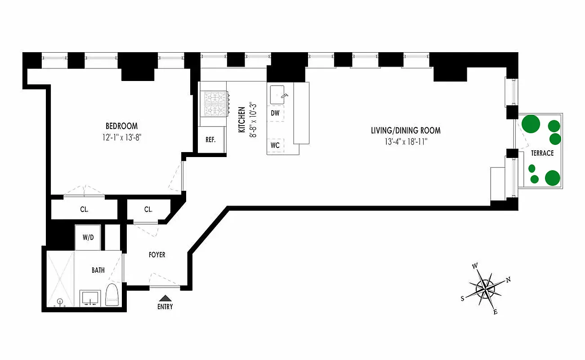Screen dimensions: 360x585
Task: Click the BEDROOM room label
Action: [x=121, y=126]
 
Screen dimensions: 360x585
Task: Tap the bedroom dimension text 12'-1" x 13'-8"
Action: [x=121, y=136]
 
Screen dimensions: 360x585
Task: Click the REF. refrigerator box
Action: [x=210, y=139]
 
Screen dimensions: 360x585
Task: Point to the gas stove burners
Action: [x=215, y=103]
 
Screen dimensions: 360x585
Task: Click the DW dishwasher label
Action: [x=275, y=113]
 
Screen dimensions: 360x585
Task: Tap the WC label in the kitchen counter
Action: [x=275, y=145]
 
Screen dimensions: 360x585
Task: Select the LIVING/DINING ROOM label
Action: [x=406, y=131]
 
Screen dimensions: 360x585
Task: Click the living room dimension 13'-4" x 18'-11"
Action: [x=406, y=142]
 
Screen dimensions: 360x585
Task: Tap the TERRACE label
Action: [x=542, y=153]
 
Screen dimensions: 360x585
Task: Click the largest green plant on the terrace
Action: [x=531, y=124]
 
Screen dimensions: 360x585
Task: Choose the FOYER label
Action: [x=157, y=255]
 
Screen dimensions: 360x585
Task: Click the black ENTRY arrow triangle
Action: [x=165, y=297]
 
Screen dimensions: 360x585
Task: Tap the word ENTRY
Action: [x=165, y=307]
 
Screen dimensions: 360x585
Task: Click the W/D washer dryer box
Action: [x=88, y=237]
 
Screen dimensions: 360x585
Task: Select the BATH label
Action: [x=98, y=270]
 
